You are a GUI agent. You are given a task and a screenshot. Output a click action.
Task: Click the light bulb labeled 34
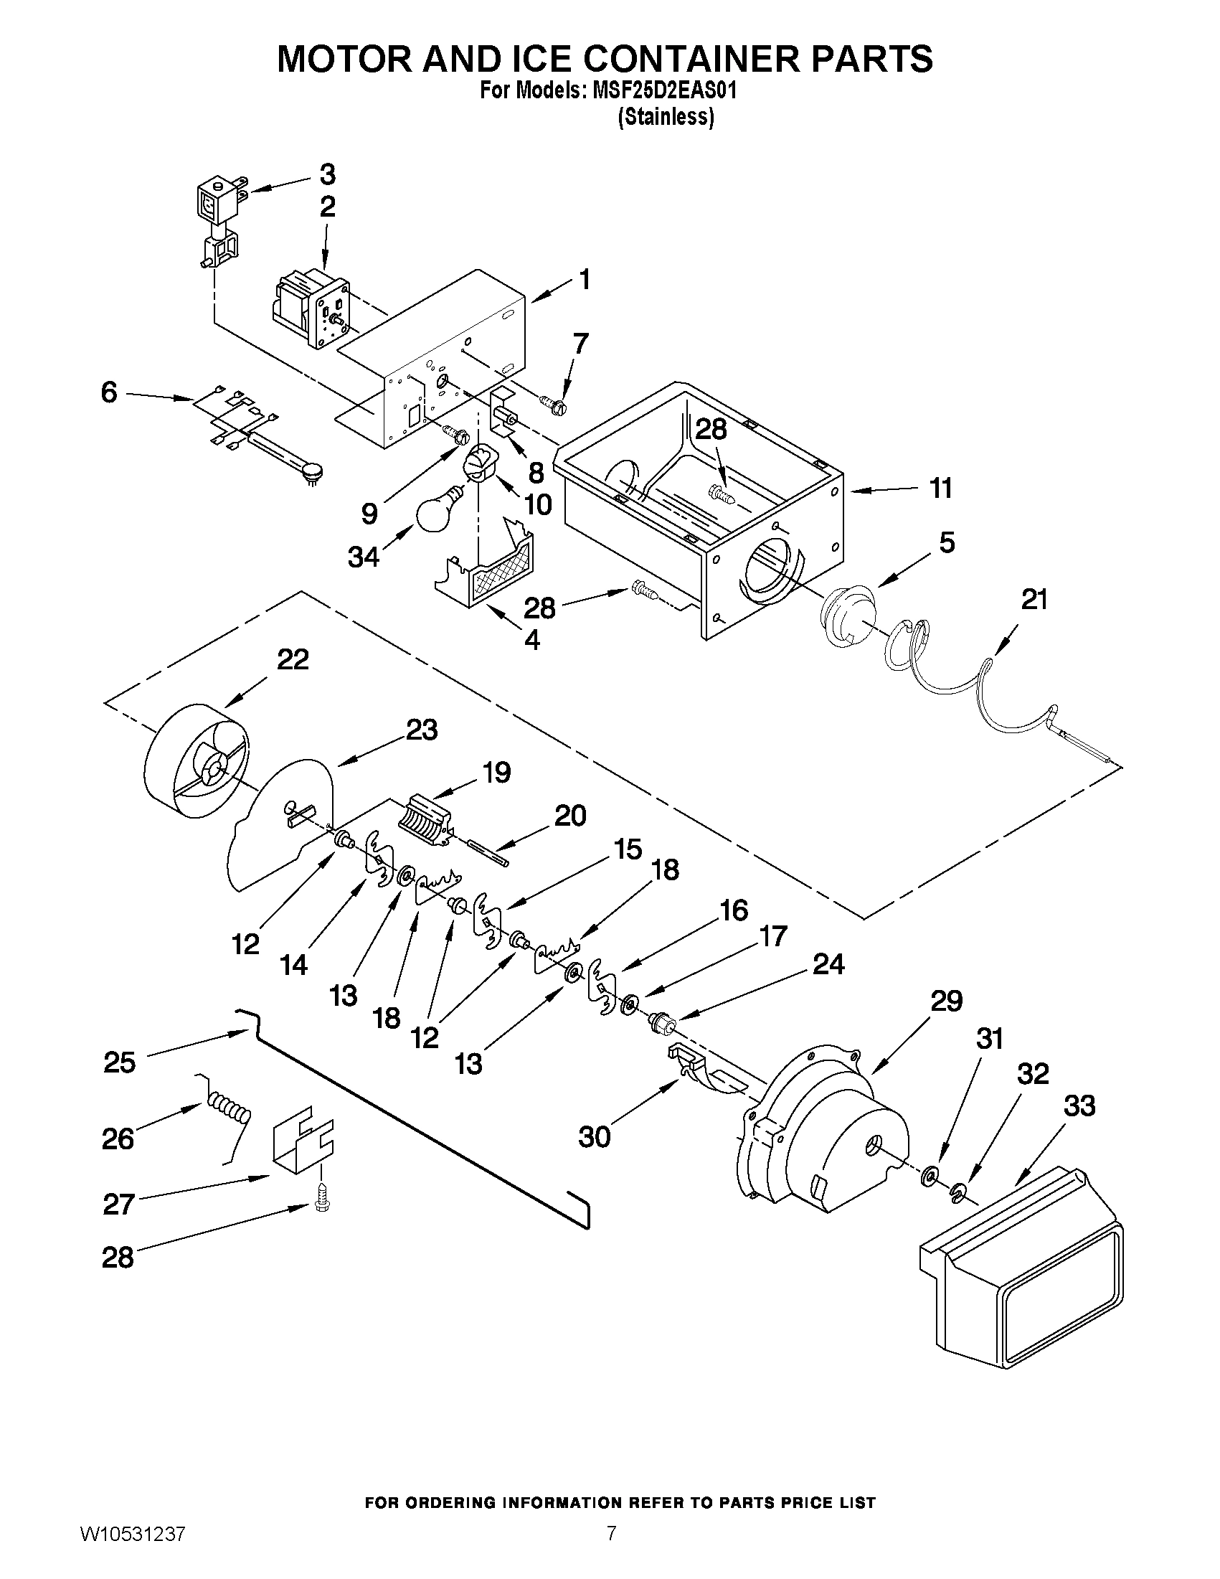coord(439,508)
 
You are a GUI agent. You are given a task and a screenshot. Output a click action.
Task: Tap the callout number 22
coord(293,659)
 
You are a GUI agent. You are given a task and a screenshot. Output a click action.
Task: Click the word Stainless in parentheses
coord(665,117)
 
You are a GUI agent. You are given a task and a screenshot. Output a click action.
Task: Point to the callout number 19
coord(496,772)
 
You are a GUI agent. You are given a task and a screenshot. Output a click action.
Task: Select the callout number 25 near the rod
coord(119,1062)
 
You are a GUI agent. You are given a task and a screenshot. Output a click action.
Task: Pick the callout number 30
coord(594,1137)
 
